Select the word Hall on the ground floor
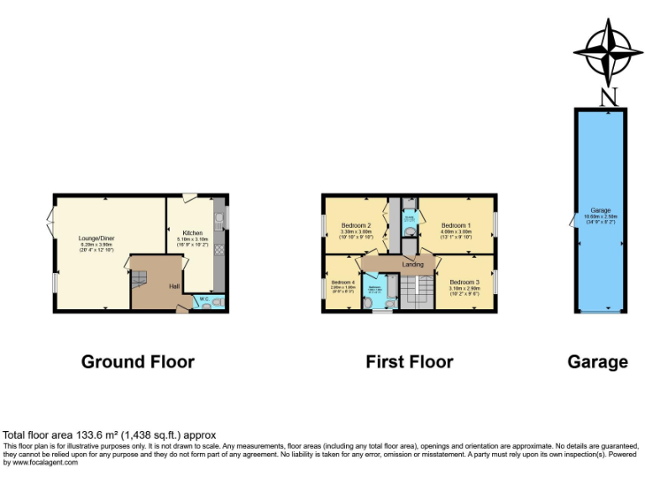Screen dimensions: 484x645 [x=174, y=287]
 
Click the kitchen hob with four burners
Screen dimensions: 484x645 [x=219, y=249]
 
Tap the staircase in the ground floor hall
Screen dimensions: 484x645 [x=139, y=277]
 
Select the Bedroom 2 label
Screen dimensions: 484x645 [x=356, y=225]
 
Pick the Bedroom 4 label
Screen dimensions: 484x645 [x=342, y=282]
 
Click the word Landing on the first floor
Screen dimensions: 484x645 [x=412, y=265]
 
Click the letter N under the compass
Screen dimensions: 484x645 [x=608, y=97]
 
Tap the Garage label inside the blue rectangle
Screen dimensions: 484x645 [x=600, y=210]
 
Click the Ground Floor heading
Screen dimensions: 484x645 [x=138, y=362]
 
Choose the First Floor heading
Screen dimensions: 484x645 [x=409, y=362]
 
